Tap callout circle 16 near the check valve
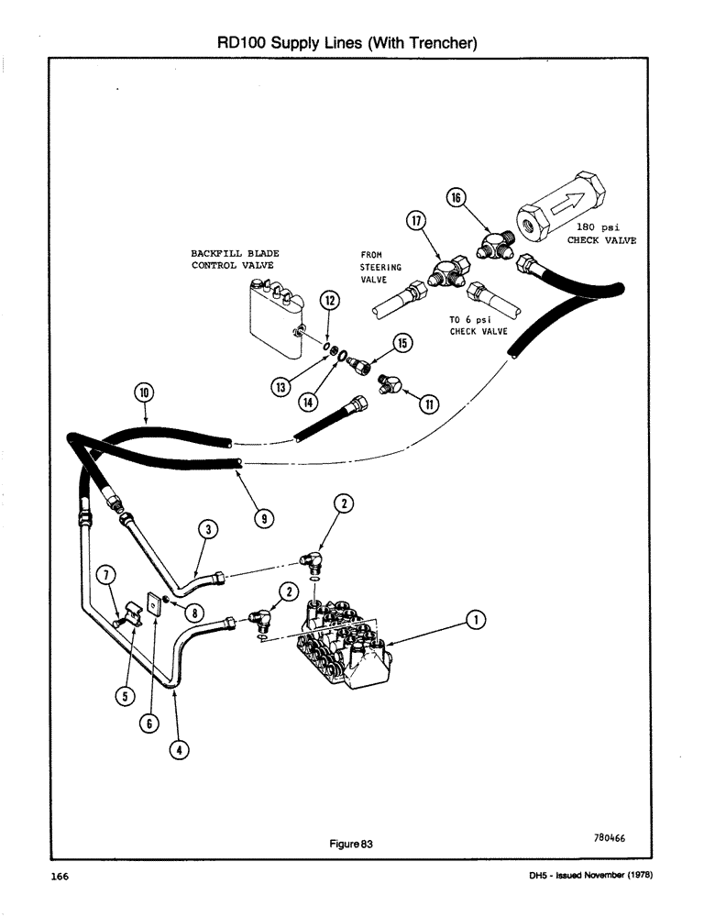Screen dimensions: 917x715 (456, 196)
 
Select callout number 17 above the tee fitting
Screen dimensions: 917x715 (418, 220)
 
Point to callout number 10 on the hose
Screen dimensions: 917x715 (144, 393)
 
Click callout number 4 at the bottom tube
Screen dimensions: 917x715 (180, 749)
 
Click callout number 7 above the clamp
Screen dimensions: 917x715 (108, 576)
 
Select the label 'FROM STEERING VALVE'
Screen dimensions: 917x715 (374, 267)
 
